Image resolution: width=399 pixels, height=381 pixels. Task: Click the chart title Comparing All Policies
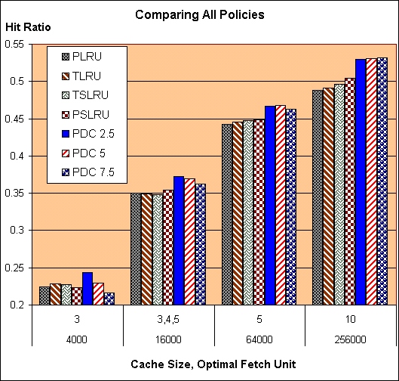tap(199, 14)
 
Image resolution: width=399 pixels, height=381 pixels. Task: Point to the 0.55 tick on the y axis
tap(16, 44)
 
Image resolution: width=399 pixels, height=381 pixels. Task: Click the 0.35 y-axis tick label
tap(16, 194)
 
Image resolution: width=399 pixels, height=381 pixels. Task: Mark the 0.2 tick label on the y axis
tap(19, 305)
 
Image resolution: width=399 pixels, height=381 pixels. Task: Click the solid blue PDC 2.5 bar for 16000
tap(178, 240)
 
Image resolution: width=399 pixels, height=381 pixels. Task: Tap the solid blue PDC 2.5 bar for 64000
tap(269, 206)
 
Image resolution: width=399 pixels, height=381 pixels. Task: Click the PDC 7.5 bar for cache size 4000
tap(109, 299)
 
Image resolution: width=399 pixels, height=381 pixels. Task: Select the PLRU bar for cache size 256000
tap(318, 197)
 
